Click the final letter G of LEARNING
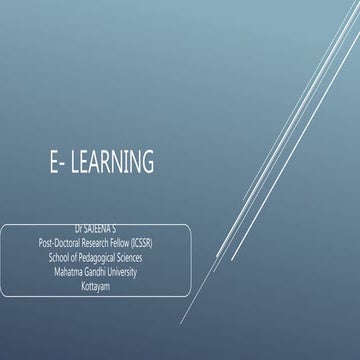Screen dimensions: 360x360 coord(149,160)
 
